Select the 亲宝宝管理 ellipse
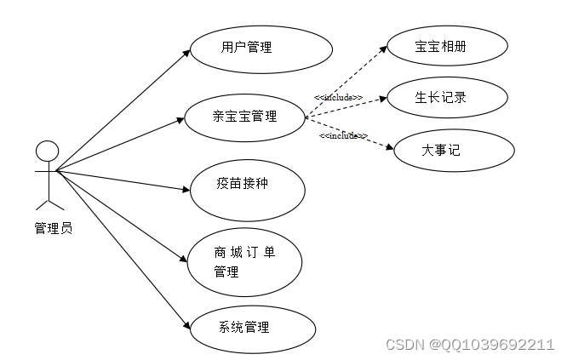245,117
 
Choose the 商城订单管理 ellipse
245,260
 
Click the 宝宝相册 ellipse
440,48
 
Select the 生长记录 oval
440,98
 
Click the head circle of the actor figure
47,151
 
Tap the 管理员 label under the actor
53,228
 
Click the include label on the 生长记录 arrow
338,97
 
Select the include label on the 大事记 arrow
342,135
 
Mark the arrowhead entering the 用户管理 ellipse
188,54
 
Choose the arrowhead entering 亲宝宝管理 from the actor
183,121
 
